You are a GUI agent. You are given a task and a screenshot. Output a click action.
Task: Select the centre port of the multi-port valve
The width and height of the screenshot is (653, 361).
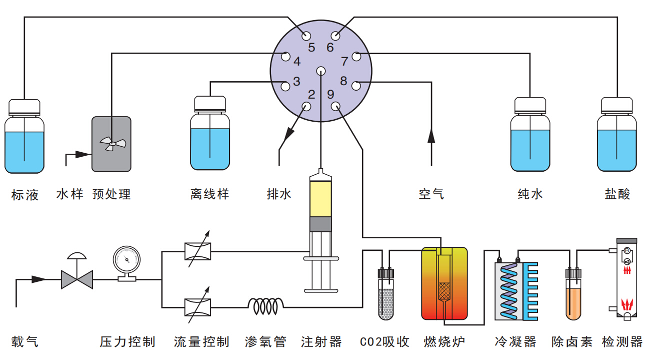tap(320, 71)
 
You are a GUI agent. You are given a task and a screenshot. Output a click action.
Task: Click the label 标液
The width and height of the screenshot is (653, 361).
tap(25, 194)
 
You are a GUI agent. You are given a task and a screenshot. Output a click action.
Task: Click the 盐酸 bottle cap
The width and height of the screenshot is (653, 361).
tap(617, 105)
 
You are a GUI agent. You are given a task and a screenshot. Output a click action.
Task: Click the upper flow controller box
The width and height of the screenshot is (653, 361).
tap(197, 251)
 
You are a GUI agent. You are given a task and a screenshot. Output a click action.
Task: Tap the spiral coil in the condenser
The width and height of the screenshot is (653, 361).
tap(509, 290)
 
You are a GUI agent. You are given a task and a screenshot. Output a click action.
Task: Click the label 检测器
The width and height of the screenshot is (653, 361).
tap(622, 342)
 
